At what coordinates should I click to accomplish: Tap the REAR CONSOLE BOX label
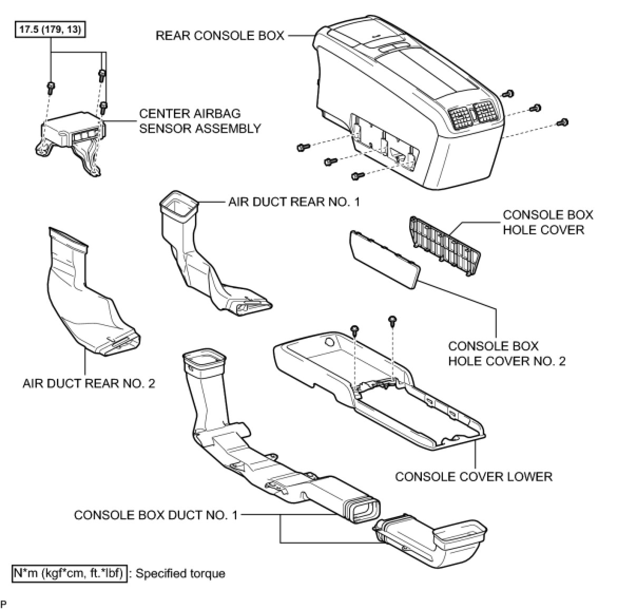[219, 36]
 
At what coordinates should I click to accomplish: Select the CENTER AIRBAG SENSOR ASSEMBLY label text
[199, 121]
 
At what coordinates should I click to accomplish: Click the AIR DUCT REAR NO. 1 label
[294, 202]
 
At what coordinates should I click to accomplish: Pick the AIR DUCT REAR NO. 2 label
[89, 383]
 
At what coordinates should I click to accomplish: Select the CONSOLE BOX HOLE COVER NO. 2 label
[506, 354]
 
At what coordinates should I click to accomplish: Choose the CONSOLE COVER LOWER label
[473, 477]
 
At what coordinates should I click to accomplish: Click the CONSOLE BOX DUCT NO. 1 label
[156, 515]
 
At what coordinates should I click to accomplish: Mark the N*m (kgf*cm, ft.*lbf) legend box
[70, 573]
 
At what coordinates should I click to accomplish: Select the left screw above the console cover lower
[355, 330]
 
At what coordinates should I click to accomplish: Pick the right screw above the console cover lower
[392, 320]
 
